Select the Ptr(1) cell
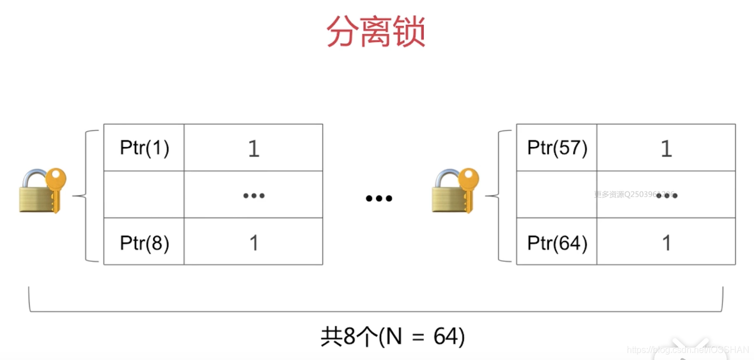[145, 148]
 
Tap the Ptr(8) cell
[145, 242]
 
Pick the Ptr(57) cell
[557, 148]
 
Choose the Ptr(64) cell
[557, 242]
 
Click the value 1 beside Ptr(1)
[254, 148]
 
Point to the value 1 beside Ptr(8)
[254, 243]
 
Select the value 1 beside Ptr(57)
[667, 148]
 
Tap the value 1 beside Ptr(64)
[667, 243]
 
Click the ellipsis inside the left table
[254, 196]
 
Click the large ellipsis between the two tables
[379, 198]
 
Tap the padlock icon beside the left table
[42, 191]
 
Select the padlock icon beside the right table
[455, 191]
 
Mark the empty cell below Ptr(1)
[144, 195]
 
